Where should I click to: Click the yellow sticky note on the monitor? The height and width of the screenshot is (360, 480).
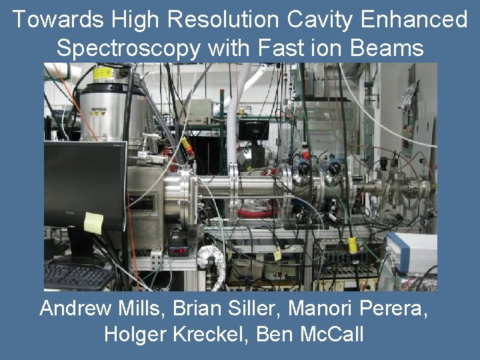click(93, 223)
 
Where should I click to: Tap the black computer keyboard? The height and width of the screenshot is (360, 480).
click(79, 276)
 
